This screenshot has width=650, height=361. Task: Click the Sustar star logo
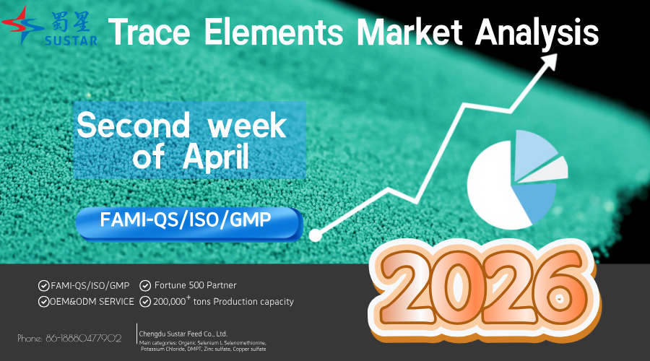click(x=22, y=25)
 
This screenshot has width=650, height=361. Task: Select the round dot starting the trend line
click(x=315, y=235)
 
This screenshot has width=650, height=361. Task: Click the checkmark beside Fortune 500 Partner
click(x=145, y=285)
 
